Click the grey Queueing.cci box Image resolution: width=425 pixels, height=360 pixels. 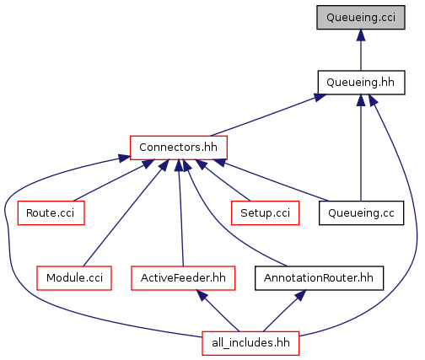[361, 17]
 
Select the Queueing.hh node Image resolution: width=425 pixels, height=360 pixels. [361, 83]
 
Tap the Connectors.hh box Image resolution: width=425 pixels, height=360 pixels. [179, 148]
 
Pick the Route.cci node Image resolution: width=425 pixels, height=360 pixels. [51, 212]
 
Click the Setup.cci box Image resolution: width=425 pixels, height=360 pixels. [265, 212]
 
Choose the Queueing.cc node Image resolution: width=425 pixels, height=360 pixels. [361, 212]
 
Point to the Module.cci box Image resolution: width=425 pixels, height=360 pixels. [74, 278]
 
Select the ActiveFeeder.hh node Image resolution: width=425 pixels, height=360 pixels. [183, 278]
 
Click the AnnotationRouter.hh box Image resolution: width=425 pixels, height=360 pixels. [319, 278]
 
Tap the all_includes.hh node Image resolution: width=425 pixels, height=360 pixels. [250, 343]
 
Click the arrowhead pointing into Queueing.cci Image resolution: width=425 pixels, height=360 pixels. [361, 35]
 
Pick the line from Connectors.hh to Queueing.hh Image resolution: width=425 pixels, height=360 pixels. [268, 115]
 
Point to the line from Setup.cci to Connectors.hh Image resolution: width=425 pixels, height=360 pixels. [223, 180]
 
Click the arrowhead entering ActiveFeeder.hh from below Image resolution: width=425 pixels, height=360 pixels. [202, 295]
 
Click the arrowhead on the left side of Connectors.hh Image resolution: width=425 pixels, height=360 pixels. [125, 159]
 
